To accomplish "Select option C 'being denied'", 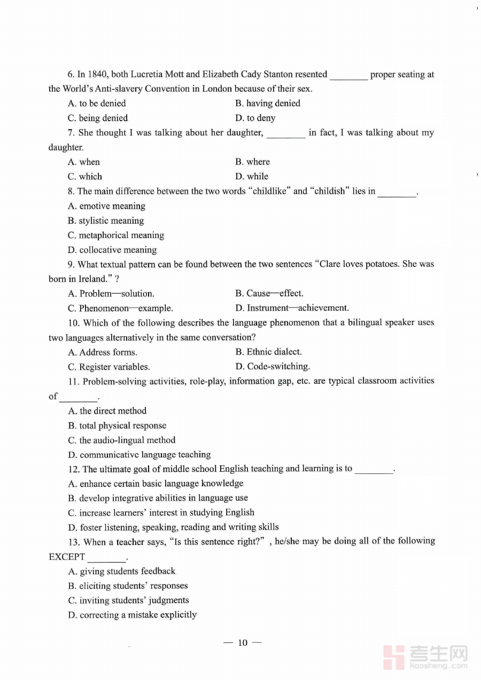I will [98, 118].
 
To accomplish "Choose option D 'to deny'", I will [255, 118].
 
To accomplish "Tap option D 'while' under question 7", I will [252, 177].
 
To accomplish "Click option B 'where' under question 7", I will [252, 162].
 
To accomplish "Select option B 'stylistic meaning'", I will [106, 220].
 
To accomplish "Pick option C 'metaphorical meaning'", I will [116, 235].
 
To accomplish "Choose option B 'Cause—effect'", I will [269, 294].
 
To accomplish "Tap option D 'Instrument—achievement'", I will [292, 308].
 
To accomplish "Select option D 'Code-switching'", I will [273, 367].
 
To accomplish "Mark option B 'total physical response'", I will [117, 426].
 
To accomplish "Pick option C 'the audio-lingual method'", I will [122, 440].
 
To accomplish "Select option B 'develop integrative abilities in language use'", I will [158, 498].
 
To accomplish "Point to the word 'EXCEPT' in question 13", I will [67, 557].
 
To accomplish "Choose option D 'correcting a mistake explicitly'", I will [133, 615].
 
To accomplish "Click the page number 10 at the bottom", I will [243, 643].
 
